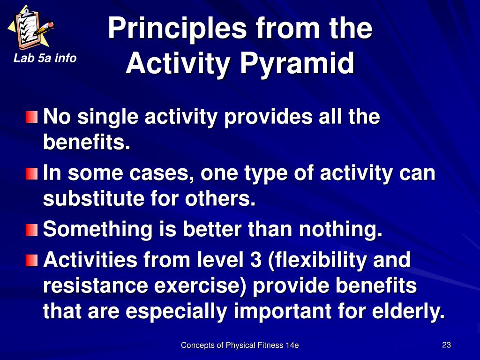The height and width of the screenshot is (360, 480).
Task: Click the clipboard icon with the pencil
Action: click(30, 28)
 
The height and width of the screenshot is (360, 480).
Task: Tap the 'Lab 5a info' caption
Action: click(45, 58)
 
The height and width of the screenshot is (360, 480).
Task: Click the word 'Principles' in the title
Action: click(177, 29)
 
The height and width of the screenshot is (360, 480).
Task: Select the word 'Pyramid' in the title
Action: click(297, 64)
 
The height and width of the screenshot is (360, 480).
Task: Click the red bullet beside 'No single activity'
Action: click(31, 117)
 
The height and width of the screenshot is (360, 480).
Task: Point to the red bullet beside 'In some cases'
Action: click(31, 173)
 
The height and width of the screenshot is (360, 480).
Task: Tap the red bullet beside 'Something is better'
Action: click(31, 230)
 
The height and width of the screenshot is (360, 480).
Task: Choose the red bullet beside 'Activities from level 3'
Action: click(31, 261)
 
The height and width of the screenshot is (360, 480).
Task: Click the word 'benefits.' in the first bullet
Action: click(87, 142)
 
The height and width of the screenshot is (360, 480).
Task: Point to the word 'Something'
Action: click(97, 229)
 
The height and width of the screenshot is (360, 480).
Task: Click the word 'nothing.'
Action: click(341, 229)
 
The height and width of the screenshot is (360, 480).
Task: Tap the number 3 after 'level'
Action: click(255, 260)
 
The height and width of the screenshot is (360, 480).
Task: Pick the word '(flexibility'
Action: click(317, 260)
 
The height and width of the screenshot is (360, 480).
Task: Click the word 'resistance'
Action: click(96, 285)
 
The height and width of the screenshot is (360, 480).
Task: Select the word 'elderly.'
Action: click(408, 311)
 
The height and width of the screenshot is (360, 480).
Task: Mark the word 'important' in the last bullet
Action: click(283, 312)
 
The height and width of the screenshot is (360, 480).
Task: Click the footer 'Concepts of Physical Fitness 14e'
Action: click(240, 345)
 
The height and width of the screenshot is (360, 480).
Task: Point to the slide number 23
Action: click(446, 345)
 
